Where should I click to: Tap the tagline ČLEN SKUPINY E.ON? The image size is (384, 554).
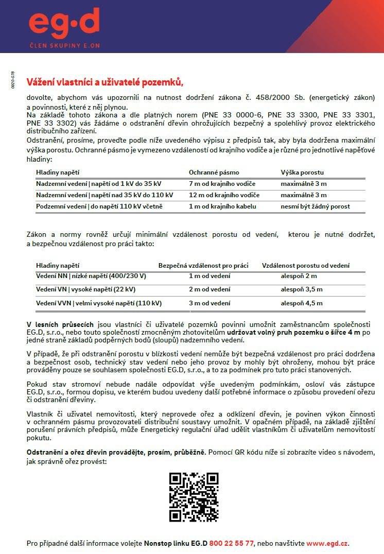[64, 46]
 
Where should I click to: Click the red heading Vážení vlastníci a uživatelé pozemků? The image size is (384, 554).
[105, 82]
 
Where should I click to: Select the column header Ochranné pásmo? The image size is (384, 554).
[214, 172]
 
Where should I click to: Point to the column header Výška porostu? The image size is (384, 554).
[302, 172]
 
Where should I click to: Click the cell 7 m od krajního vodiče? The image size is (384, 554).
[222, 184]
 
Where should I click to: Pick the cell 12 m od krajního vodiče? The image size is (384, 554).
[224, 195]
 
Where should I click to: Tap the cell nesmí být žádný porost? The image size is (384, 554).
[315, 206]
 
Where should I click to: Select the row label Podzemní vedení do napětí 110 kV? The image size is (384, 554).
[99, 206]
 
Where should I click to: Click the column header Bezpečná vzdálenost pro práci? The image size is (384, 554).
[203, 266]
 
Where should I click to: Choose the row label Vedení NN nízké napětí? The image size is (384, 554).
[91, 276]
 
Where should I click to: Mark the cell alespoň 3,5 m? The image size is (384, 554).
[302, 289]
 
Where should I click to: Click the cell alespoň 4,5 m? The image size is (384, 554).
[302, 303]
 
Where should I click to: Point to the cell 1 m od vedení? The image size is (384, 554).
[210, 276]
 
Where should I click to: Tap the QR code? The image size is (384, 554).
[194, 497]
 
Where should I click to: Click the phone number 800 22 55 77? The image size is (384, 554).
[232, 543]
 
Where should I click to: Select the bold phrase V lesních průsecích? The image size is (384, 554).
[60, 325]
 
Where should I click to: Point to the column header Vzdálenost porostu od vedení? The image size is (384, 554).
[306, 266]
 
